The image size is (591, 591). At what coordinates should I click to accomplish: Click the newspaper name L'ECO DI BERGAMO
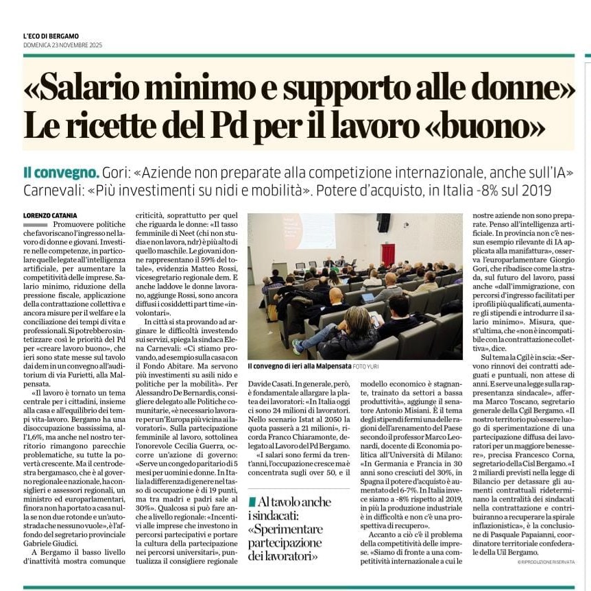[51, 36]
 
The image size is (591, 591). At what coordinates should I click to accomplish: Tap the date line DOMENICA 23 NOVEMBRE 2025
[62, 45]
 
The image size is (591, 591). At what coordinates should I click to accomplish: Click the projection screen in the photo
[310, 231]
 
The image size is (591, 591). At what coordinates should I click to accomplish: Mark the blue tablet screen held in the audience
[368, 298]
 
